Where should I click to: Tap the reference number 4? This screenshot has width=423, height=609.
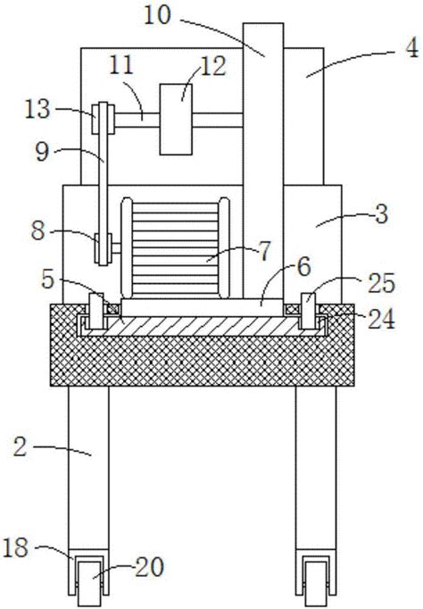pos(411,48)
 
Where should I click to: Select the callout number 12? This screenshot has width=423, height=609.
pos(213,67)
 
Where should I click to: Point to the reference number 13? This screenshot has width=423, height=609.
pos(37,109)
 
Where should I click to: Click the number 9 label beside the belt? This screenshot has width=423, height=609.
pos(42,152)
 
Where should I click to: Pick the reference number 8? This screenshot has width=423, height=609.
pos(38,231)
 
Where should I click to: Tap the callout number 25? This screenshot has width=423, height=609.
pos(381,283)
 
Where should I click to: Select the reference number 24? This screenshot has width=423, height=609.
pos(381,320)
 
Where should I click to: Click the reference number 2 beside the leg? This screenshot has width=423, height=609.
pos(21,446)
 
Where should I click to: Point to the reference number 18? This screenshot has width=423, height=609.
pos(15,547)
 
